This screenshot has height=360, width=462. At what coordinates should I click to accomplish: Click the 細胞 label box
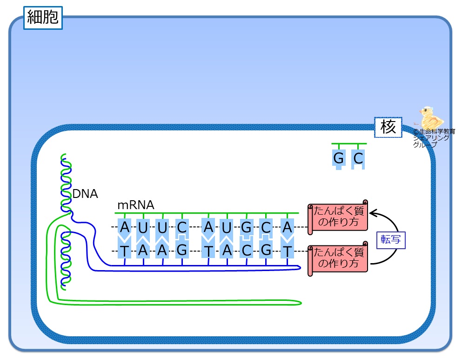point(43,17)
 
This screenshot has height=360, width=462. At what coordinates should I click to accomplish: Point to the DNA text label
point(86,194)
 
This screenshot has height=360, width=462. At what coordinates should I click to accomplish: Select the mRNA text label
point(135,205)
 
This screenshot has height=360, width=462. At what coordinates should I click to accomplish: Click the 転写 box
point(391,239)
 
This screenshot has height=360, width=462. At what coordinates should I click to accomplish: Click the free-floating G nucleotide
point(339,159)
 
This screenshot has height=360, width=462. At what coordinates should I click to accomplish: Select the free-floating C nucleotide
point(358,159)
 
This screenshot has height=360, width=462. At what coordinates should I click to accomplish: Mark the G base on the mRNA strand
point(247,228)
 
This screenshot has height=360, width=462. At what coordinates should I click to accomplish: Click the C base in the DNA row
point(247,251)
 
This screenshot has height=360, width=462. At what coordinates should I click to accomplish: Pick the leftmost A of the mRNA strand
point(124,228)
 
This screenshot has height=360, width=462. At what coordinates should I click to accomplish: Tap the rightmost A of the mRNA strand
point(288,228)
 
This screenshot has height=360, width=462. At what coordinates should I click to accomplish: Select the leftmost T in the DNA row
point(124,251)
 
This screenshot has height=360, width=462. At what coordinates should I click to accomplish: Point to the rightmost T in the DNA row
point(288,251)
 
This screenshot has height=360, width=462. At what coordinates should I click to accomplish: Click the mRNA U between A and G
point(227,228)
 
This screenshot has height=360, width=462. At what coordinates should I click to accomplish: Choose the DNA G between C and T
point(266,251)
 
